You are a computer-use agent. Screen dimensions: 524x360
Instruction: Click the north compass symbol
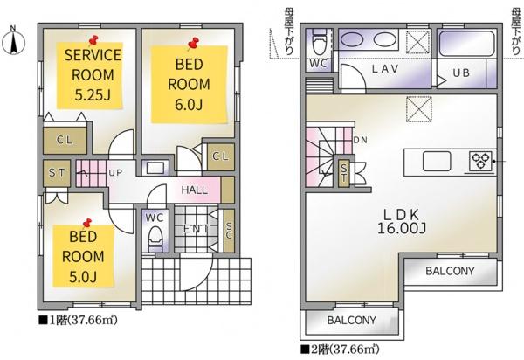13,42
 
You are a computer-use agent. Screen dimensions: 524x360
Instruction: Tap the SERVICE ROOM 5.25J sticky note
90,75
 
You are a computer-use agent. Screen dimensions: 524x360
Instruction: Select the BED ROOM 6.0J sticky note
190,84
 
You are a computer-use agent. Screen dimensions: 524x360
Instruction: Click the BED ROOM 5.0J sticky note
84,256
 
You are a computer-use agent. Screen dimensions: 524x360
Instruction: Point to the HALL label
194,190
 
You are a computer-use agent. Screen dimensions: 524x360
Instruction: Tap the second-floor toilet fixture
319,42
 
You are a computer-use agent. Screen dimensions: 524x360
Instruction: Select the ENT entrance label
196,229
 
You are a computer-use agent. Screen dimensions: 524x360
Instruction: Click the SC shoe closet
229,231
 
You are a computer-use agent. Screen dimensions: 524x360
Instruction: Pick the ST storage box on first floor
57,173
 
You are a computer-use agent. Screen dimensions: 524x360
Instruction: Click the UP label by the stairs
115,173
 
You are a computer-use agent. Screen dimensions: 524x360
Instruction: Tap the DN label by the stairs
360,140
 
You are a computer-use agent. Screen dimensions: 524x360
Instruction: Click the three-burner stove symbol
480,161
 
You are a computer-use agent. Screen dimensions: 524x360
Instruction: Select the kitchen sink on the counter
437,161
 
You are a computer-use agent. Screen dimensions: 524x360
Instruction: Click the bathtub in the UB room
466,44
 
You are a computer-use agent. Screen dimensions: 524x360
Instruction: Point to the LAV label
385,69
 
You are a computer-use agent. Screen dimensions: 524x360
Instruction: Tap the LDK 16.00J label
402,221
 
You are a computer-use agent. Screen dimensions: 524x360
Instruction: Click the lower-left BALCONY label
352,320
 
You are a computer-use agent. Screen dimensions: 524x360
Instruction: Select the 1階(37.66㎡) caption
79,320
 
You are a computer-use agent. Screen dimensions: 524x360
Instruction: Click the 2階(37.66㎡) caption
341,350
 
